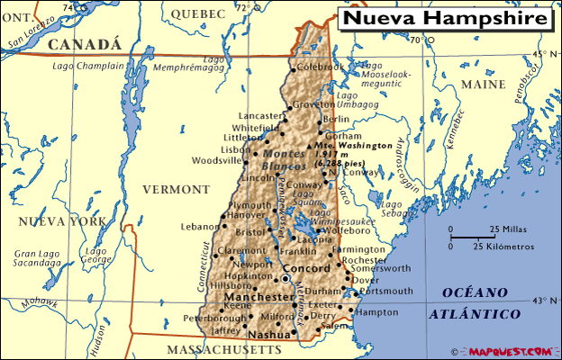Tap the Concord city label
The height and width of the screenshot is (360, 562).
tap(306, 269)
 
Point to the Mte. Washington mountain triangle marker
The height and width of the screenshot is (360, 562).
tap(310, 145)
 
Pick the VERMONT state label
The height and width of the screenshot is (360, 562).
tap(176, 190)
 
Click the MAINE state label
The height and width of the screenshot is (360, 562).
tap(484, 84)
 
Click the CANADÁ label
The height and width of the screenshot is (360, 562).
tap(84, 44)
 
